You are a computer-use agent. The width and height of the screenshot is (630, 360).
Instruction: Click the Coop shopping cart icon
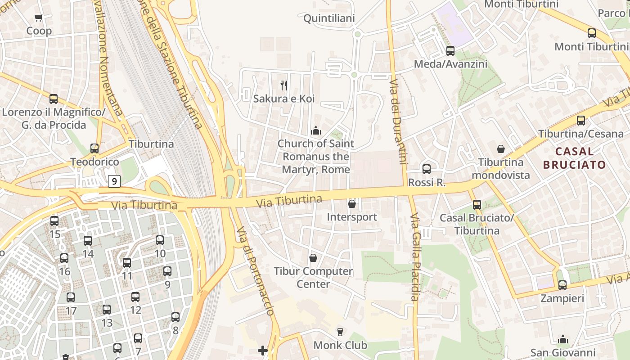pos(39,18)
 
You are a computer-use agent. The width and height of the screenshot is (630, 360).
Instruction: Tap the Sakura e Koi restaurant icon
pos(284,85)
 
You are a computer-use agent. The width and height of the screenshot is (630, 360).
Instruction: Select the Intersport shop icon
pos(352,204)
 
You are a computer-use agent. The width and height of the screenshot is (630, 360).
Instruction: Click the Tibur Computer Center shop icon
pos(313,258)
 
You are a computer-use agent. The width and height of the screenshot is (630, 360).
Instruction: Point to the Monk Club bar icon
pos(340,332)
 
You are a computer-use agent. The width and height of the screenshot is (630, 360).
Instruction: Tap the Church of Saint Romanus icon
pos(316,130)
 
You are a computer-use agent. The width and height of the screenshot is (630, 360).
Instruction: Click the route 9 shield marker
pos(115,181)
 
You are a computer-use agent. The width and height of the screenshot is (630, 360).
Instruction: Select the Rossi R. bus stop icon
pos(427,169)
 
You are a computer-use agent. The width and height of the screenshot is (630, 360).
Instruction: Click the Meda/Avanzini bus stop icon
pos(450,51)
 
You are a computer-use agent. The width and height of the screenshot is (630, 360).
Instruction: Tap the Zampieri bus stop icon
pos(562,285)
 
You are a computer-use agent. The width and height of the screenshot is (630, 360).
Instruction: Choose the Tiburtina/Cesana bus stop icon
pos(581,120)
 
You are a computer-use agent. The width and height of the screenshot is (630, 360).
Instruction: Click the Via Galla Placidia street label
pos(414,256)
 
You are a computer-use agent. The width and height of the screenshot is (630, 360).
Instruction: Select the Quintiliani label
pos(329,18)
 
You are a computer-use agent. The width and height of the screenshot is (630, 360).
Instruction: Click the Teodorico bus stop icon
pos(94,148)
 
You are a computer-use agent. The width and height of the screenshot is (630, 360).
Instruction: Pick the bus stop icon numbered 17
pos(71,297)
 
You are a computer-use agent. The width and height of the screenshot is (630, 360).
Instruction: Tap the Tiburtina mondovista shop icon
pos(501,149)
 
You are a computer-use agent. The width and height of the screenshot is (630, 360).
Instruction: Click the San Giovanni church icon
pos(562,339)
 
